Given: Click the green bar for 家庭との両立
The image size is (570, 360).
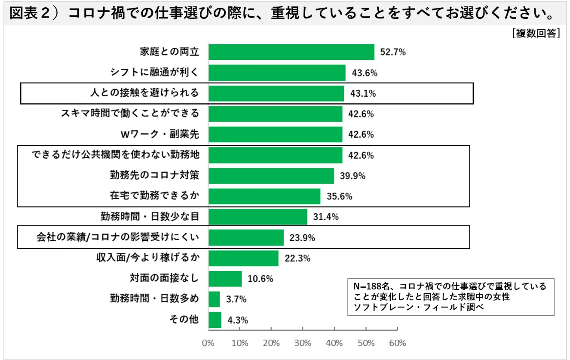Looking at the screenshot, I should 291,52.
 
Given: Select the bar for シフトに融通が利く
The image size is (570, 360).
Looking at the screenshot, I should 277,73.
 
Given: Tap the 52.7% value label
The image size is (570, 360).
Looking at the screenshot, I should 393,52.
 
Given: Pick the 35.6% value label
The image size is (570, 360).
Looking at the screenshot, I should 340,197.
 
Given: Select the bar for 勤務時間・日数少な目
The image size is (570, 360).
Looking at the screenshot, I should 257,217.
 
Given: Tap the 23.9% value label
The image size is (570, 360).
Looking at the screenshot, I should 303,237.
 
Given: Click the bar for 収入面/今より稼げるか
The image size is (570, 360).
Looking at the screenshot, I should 243,258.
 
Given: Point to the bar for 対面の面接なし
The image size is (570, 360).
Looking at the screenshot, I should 225,279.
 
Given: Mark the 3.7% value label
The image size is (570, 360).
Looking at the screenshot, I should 236,299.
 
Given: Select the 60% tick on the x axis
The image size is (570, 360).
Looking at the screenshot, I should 398,343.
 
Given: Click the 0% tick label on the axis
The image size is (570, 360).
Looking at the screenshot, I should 208,343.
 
